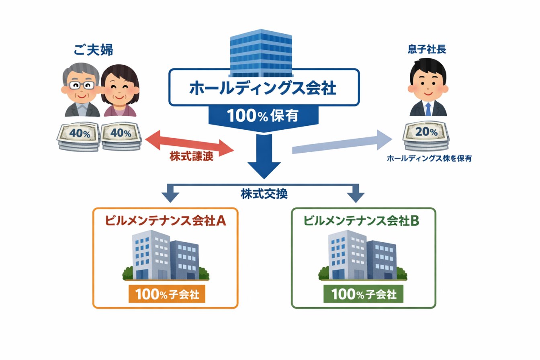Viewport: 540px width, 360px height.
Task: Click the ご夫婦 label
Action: click(x=88, y=50)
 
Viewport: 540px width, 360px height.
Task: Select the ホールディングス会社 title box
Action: click(x=263, y=88)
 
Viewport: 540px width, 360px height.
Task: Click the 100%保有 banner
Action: click(x=263, y=116)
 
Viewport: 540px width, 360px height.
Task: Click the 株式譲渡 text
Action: click(x=189, y=157)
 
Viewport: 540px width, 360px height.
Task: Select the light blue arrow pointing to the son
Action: click(x=342, y=144)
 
